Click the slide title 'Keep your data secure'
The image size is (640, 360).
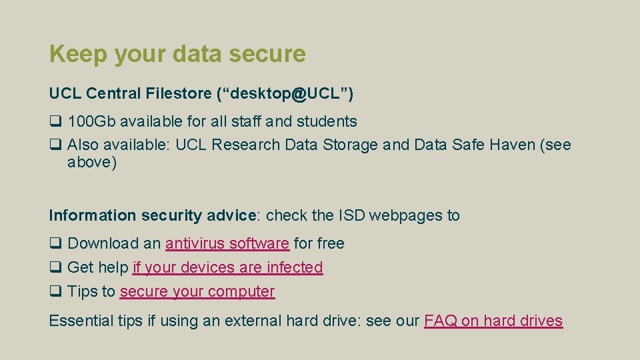click(x=177, y=54)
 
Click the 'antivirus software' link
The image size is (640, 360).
click(x=227, y=244)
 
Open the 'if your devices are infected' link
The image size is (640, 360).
click(x=227, y=268)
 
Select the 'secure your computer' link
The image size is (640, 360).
click(x=197, y=292)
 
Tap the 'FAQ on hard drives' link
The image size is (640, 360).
click(x=493, y=321)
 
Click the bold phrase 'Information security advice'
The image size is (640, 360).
click(x=153, y=216)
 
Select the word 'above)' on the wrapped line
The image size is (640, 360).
click(x=92, y=163)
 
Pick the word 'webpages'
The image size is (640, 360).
click(x=406, y=216)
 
